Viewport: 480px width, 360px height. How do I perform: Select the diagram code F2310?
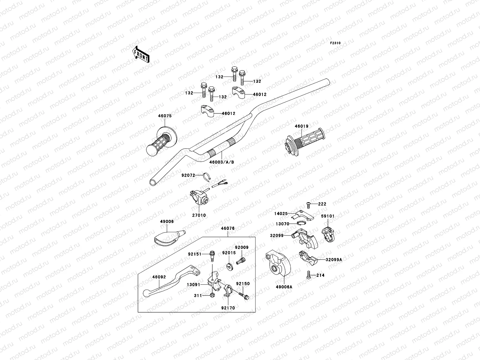coord(335,43)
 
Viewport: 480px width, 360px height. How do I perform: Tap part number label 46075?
coord(165,115)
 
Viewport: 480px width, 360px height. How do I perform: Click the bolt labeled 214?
coord(309,274)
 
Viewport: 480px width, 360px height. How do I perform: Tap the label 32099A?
coord(334,260)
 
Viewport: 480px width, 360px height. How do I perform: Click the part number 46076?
coord(228,228)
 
